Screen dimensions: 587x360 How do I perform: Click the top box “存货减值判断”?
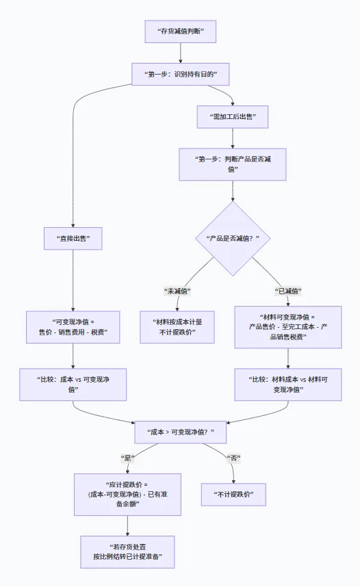click(180, 31)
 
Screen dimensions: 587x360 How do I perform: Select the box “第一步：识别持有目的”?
click(180, 74)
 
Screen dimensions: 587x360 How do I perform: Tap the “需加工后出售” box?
click(233, 117)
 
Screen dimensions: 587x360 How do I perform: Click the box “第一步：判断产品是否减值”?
click(233, 164)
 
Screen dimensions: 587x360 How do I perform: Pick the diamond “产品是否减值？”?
click(233, 238)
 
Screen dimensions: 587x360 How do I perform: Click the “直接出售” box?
click(73, 238)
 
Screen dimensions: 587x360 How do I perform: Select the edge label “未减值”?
click(177, 291)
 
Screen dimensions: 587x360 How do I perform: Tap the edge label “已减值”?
click(288, 291)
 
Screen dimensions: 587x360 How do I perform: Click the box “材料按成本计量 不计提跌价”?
click(177, 327)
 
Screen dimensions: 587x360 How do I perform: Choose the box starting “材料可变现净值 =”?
click(288, 327)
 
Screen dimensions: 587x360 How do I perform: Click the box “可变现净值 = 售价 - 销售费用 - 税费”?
click(73, 327)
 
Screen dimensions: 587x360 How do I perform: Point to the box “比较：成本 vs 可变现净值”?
click(73, 384)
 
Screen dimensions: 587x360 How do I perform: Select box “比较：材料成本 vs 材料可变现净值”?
click(288, 384)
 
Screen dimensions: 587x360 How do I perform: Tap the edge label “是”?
click(127, 457)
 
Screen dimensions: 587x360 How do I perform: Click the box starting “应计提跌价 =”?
click(127, 494)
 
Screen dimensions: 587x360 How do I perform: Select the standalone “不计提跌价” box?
click(233, 494)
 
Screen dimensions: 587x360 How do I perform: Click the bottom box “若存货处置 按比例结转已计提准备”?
click(127, 551)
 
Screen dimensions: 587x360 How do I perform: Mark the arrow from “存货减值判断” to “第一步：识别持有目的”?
click(180, 53)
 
